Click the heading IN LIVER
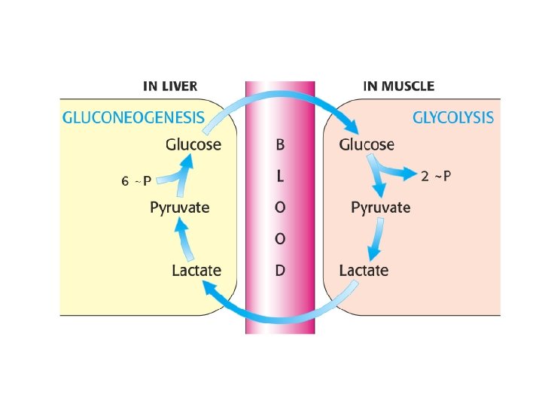(x=172, y=86)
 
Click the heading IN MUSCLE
(x=398, y=86)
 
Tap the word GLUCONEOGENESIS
(x=132, y=117)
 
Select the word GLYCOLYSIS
(x=453, y=117)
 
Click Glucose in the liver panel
(x=193, y=144)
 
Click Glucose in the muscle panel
(x=367, y=144)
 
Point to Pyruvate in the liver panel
(x=179, y=208)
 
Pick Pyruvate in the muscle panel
(x=380, y=208)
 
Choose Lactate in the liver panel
(x=196, y=270)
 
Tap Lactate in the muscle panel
(x=364, y=270)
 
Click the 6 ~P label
(x=136, y=180)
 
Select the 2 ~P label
(x=437, y=176)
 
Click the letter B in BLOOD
(x=280, y=144)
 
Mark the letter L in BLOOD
(x=280, y=176)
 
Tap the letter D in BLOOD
(x=280, y=270)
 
